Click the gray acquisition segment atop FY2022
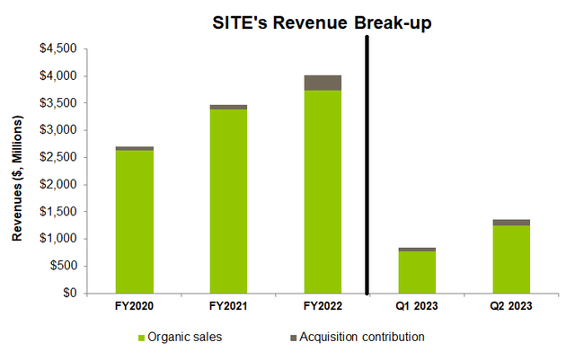point(322,83)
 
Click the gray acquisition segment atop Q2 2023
point(509,222)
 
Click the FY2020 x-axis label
point(135,305)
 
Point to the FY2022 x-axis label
point(322,305)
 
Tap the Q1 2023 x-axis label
point(416,305)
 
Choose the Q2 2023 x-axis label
point(509,305)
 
